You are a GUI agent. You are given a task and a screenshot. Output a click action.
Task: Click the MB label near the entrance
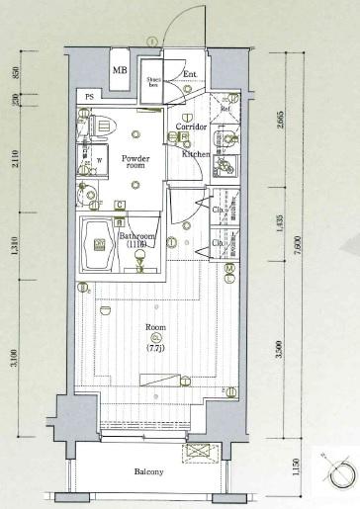[120, 70]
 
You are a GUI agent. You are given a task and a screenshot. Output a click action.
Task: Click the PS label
[90, 96]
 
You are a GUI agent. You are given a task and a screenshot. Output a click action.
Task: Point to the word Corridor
[192, 128]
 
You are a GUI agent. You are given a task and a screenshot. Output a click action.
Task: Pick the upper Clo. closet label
[216, 209]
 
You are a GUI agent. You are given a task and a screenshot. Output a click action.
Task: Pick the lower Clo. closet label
[216, 242]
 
